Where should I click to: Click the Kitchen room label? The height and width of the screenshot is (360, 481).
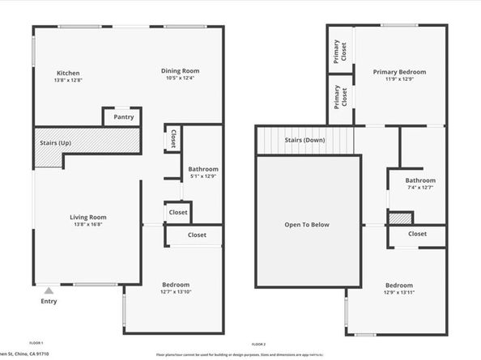(x=68, y=72)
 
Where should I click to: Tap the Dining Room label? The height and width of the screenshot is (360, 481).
(x=180, y=70)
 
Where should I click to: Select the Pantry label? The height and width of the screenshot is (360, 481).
(x=124, y=117)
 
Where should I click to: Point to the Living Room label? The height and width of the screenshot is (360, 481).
(x=87, y=217)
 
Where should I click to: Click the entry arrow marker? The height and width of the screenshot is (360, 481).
(x=49, y=290)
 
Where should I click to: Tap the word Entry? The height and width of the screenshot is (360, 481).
(x=49, y=302)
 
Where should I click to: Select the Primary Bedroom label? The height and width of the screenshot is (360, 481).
(x=399, y=72)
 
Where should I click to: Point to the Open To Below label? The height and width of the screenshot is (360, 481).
(x=307, y=225)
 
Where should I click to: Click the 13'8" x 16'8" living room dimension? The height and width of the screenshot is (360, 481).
(x=87, y=224)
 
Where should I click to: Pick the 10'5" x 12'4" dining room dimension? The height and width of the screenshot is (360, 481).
(x=180, y=78)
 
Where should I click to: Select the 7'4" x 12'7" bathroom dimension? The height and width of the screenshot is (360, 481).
(x=420, y=188)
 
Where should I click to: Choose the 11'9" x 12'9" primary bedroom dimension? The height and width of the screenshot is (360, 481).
(x=399, y=79)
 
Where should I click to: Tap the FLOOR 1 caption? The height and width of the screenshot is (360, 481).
(x=36, y=344)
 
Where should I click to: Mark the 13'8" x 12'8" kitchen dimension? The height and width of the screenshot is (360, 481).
(x=68, y=79)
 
